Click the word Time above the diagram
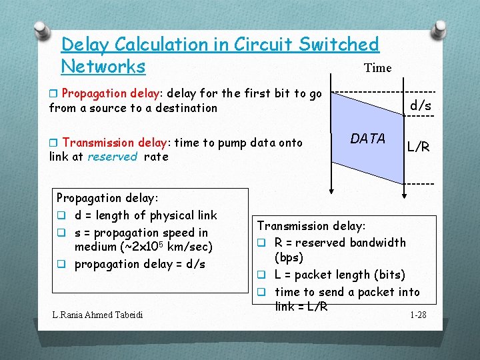pos(377,68)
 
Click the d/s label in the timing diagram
pos(420,105)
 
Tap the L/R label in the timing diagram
pos(419,147)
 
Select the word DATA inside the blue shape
pos(368,139)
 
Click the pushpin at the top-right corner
pos(440,28)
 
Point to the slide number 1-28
pos(418,314)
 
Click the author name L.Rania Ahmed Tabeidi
pos(99,314)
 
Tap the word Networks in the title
pos(103,67)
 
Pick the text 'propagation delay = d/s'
pos(139,264)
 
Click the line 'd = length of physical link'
pos(145,215)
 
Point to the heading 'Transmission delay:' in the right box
pos(311,226)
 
